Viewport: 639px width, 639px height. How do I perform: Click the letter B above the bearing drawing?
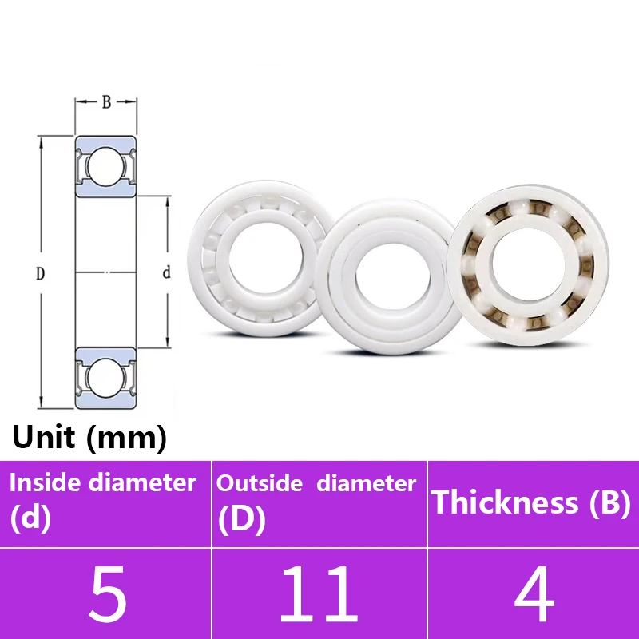coord(106,102)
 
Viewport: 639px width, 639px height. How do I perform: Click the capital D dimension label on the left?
coord(41,274)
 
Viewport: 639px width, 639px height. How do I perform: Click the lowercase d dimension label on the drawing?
coord(166,273)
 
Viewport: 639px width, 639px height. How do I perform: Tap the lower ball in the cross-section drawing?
coord(105,375)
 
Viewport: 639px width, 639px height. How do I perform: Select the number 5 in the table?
coord(107,595)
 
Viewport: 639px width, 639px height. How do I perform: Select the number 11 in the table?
coord(319,595)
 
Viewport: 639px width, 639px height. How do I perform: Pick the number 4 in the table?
coord(534,595)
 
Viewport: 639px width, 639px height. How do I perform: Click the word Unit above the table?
coord(45,438)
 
